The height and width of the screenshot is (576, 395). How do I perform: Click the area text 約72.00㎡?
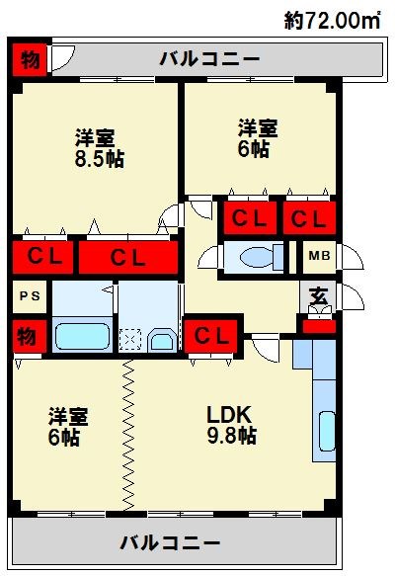click(332, 20)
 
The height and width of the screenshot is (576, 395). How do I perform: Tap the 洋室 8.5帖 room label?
click(100, 148)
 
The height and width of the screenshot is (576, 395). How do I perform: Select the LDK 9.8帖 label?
click(231, 425)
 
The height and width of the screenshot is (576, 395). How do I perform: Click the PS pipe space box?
click(30, 296)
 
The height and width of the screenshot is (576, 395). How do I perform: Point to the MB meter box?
click(319, 256)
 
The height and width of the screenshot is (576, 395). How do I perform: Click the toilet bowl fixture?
click(258, 257)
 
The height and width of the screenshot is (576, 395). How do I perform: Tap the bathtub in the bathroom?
click(83, 336)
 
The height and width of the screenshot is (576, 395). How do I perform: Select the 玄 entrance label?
click(318, 296)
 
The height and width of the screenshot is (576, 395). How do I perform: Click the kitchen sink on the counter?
click(327, 432)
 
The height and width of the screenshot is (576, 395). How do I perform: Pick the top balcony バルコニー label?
click(209, 59)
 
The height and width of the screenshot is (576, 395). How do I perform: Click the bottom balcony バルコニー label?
click(170, 542)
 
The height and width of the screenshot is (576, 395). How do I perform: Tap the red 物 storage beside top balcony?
click(30, 59)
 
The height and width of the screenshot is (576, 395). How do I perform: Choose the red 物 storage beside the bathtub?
click(30, 336)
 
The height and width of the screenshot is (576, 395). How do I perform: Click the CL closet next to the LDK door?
click(211, 336)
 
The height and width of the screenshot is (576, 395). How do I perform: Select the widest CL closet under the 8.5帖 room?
click(128, 258)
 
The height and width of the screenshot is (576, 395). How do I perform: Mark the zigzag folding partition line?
click(127, 435)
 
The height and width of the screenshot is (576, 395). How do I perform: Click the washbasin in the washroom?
click(162, 340)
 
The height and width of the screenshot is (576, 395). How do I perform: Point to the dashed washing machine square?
click(130, 340)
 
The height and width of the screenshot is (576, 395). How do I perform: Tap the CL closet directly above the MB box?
click(309, 217)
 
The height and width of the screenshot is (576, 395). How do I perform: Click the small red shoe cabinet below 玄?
click(319, 327)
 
